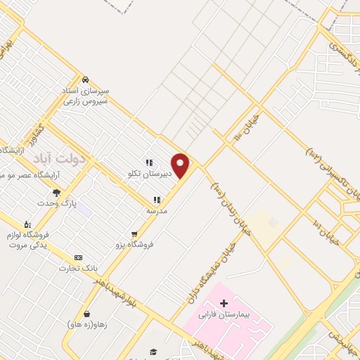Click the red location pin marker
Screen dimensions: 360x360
click(181, 165)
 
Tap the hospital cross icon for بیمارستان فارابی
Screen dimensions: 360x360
click(224, 303)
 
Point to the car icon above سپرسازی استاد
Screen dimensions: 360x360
click(84, 79)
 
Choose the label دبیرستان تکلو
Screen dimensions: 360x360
click(149, 173)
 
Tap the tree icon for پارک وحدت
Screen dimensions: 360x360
click(56, 193)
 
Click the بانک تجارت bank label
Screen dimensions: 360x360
click(79, 268)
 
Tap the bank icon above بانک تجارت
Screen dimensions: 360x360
click(78, 257)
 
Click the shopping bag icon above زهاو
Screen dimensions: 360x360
click(86, 314)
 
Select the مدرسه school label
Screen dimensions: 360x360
click(157, 210)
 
